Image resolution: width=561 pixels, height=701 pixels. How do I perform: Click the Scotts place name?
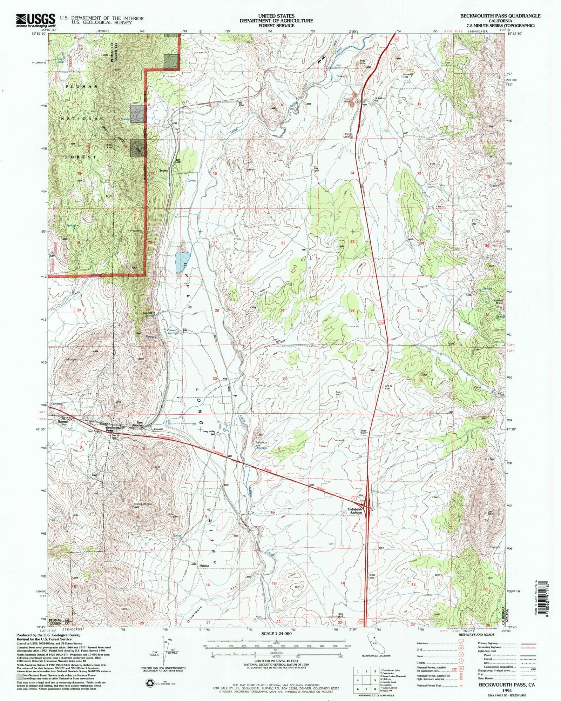(163, 171)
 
